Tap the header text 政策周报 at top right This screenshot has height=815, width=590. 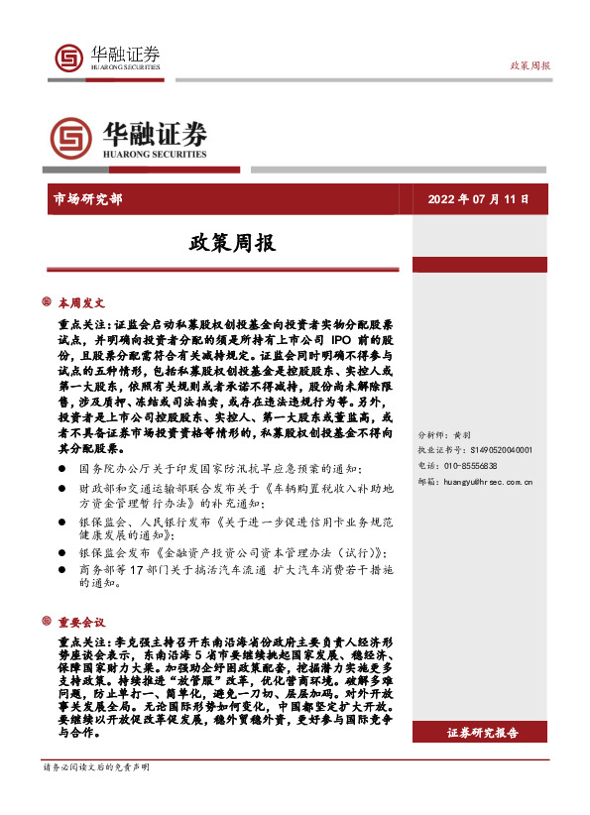[x=530, y=64]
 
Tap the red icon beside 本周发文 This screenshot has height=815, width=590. [x=47, y=302]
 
